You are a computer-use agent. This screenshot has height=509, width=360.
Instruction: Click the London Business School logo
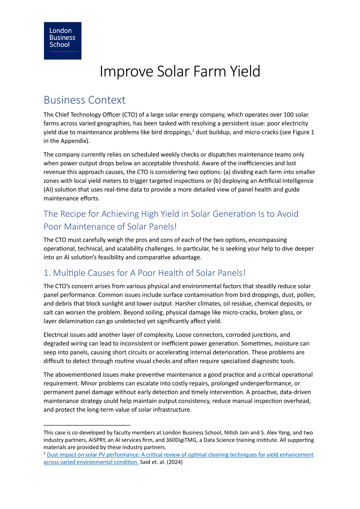click(x=62, y=41)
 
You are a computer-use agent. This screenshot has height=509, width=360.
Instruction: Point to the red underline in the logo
click(x=64, y=52)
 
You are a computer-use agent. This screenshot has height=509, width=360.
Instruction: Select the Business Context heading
click(x=84, y=100)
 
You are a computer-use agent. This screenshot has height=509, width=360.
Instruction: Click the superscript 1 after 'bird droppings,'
click(x=193, y=130)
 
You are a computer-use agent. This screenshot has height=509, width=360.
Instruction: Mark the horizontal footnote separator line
click(x=87, y=425)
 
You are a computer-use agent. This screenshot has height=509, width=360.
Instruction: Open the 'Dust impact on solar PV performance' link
click(x=180, y=455)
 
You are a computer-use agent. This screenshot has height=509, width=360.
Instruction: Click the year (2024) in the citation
click(x=174, y=462)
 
